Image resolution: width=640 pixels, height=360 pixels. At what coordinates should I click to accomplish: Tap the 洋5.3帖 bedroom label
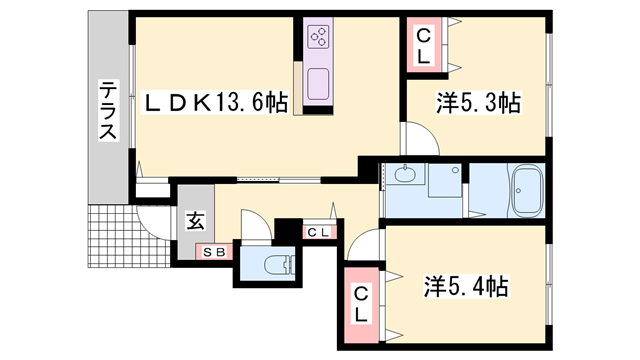coord(479,102)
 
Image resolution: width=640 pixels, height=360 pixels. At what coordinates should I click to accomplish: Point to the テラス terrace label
coord(107,111)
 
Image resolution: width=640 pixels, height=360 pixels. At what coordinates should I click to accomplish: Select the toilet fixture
coord(275,265)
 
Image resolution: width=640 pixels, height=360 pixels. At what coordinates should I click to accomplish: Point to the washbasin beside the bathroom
coord(405,176)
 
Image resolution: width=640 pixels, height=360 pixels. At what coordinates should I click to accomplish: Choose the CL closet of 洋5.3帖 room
coord(424,46)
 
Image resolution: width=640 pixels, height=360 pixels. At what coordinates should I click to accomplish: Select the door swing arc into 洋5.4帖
coord(368,243)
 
